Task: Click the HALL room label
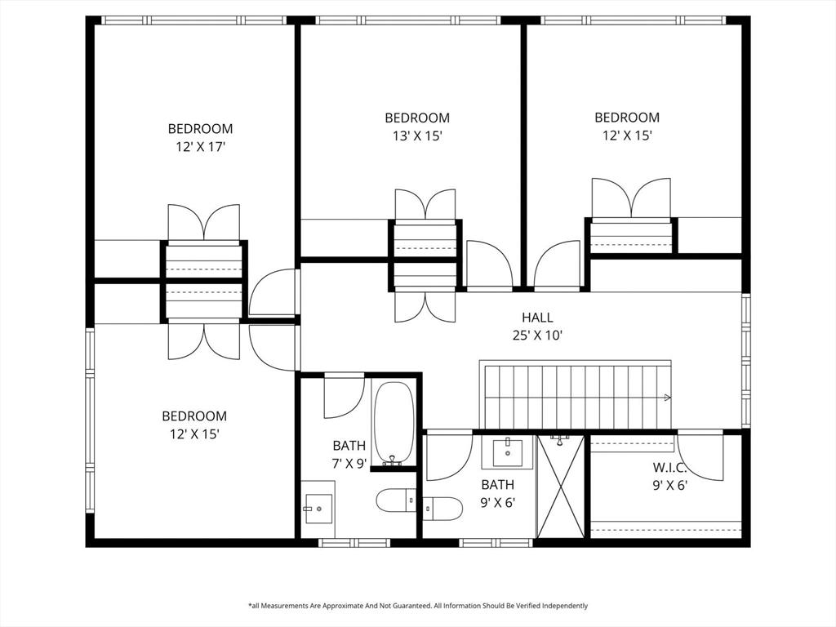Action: coord(537,318)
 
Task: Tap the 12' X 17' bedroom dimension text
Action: coord(201,147)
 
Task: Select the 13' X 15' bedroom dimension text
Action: coord(417,136)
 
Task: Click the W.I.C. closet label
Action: coord(669,468)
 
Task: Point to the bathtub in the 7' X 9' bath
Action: coord(394,424)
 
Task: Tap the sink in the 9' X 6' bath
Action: coord(508,452)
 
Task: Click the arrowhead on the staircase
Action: coord(667,398)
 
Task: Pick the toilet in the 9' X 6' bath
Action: coord(442,509)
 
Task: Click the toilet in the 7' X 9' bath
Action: coord(396,500)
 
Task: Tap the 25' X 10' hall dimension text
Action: coord(537,336)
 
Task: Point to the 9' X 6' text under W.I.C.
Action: coord(669,485)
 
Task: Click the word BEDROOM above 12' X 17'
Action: coord(201,128)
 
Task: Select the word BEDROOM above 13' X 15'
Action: coord(417,118)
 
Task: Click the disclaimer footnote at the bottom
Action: coord(418,606)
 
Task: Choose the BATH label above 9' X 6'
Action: coord(497,485)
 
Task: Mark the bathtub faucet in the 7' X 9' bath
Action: coord(392,460)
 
